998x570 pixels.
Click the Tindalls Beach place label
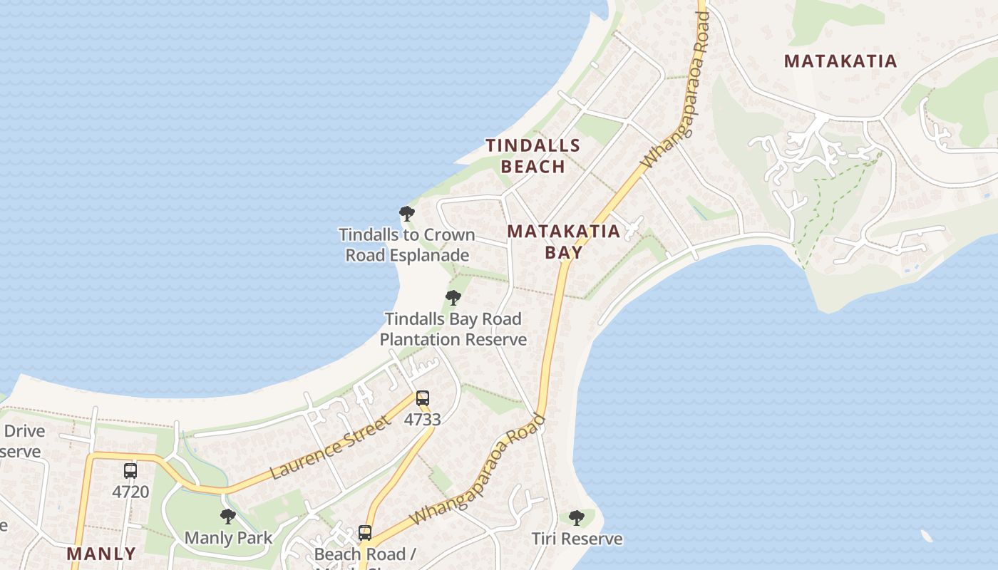pyautogui.click(x=533, y=156)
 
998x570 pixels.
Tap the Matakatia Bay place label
pyautogui.click(x=563, y=241)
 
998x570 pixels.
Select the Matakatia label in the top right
pyautogui.click(x=840, y=61)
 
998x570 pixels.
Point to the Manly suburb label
pyautogui.click(x=101, y=554)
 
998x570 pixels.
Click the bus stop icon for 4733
pyautogui.click(x=423, y=398)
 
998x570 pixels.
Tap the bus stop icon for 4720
pyautogui.click(x=130, y=471)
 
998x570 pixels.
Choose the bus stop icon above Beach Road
pyautogui.click(x=365, y=533)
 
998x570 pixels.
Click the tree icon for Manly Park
pyautogui.click(x=228, y=517)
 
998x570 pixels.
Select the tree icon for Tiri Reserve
pyautogui.click(x=577, y=518)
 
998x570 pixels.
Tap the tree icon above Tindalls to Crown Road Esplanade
pyautogui.click(x=406, y=214)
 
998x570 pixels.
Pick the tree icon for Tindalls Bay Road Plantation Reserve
pyautogui.click(x=453, y=298)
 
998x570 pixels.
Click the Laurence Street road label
pyautogui.click(x=331, y=448)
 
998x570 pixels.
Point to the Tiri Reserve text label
pyautogui.click(x=577, y=539)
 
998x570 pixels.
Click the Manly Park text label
pyautogui.click(x=228, y=537)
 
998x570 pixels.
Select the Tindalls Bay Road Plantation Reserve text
pyautogui.click(x=453, y=329)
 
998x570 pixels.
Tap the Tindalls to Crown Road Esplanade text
pyautogui.click(x=406, y=244)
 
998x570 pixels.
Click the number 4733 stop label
pyautogui.click(x=423, y=420)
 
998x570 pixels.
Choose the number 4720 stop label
pyautogui.click(x=130, y=492)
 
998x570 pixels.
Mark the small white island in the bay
pyautogui.click(x=927, y=536)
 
